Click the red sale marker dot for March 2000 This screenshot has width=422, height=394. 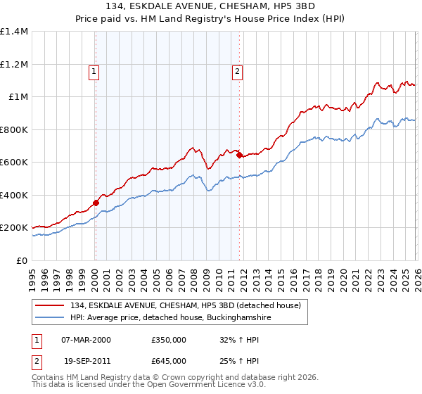pyautogui.click(x=96, y=203)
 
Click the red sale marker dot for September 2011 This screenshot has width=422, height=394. pyautogui.click(x=239, y=155)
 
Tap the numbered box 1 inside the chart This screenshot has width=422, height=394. pyautogui.click(x=94, y=70)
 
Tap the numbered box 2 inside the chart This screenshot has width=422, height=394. pyautogui.click(x=238, y=70)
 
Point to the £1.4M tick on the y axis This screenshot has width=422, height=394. pyautogui.click(x=14, y=32)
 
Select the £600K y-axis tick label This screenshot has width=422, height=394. pyautogui.click(x=14, y=163)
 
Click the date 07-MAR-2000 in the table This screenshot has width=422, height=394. pyautogui.click(x=86, y=339)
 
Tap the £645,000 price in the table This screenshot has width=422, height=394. pyautogui.click(x=169, y=361)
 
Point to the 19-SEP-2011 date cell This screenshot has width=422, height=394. pyautogui.click(x=85, y=361)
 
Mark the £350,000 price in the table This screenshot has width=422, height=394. pyautogui.click(x=169, y=339)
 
